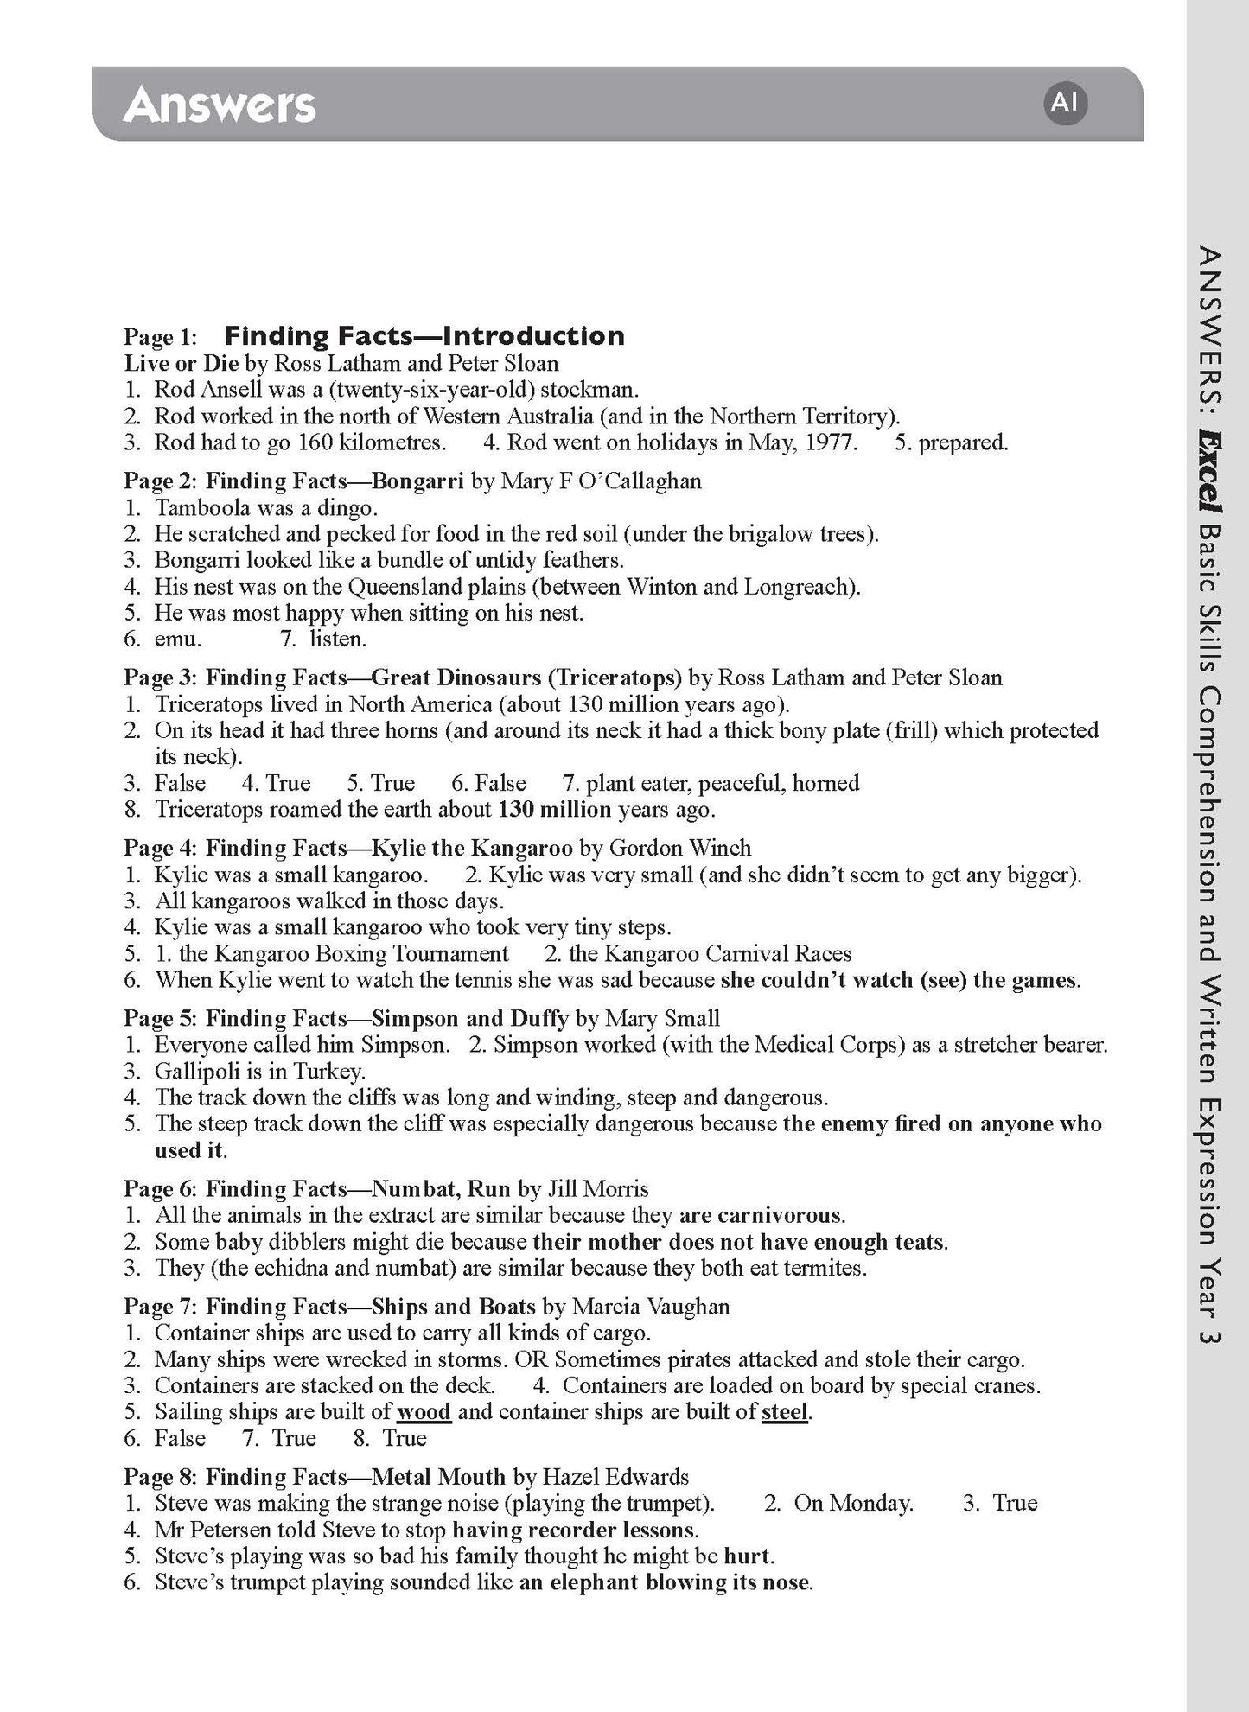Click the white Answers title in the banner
tap(220, 105)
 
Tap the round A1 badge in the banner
tap(1064, 103)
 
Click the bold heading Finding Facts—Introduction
tap(424, 335)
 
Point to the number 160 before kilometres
tap(316, 442)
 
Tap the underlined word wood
tap(424, 1412)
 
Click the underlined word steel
tap(785, 1412)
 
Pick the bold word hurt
tap(747, 1556)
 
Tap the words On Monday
tap(852, 1503)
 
